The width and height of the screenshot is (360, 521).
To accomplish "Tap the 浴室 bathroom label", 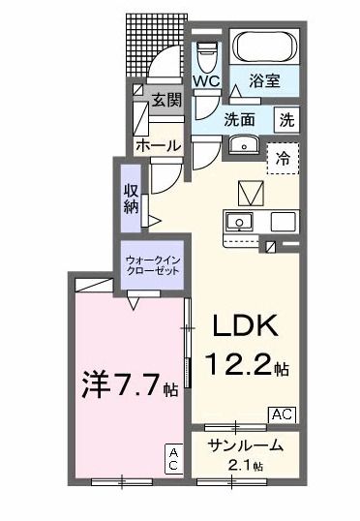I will click(x=265, y=82).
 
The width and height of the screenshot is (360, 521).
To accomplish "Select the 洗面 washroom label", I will click(x=240, y=120).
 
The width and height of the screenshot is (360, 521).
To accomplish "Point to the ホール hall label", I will click(x=157, y=145).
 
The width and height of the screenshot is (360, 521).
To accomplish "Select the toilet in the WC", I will click(x=206, y=53).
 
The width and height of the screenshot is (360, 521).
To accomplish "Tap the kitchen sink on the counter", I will click(x=238, y=222).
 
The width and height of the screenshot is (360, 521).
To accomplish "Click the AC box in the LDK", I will click(x=281, y=414).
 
